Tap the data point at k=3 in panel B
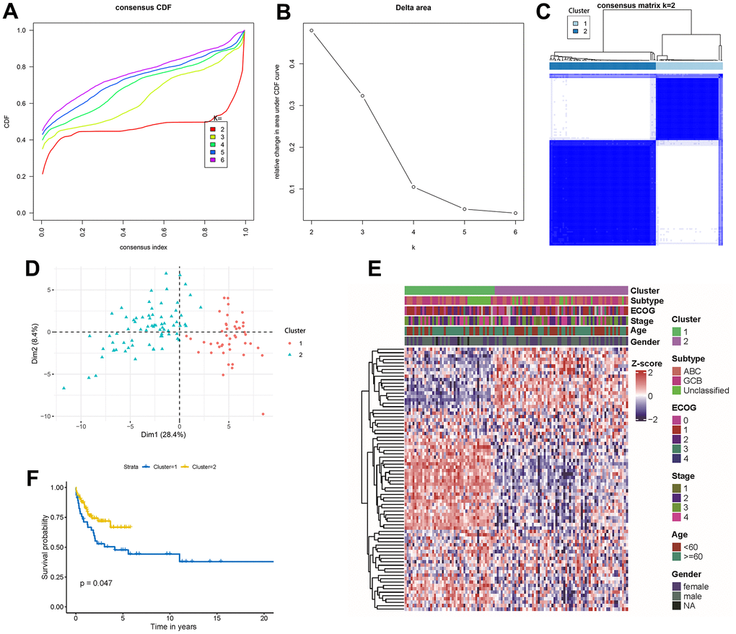pyautogui.click(x=362, y=95)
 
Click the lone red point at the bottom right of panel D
pyautogui.click(x=263, y=414)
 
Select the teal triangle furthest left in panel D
pyautogui.click(x=63, y=388)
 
